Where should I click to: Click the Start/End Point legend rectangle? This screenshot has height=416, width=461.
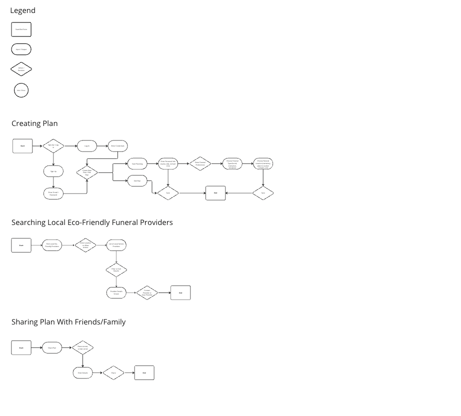click(21, 29)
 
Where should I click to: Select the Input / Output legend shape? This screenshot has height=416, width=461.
click(21, 49)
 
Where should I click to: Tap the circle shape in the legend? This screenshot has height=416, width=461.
click(21, 90)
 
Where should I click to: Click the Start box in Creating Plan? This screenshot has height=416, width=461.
click(22, 146)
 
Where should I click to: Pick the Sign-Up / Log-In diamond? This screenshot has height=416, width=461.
click(53, 146)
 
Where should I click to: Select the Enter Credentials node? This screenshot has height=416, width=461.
click(117, 146)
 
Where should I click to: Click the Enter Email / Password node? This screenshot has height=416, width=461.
click(53, 193)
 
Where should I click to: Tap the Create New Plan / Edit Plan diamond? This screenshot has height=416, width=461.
click(87, 172)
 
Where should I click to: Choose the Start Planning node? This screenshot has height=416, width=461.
click(137, 163)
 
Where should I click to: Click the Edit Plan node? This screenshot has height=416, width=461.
click(137, 180)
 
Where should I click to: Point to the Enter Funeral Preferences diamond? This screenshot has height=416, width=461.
click(199, 163)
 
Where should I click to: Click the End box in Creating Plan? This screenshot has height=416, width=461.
click(215, 193)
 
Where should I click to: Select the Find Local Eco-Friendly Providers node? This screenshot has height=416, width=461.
click(52, 245)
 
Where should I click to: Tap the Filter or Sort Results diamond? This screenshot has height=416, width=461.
click(116, 270)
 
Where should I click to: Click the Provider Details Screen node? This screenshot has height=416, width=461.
click(116, 293)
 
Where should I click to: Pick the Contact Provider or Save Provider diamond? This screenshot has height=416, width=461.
click(147, 293)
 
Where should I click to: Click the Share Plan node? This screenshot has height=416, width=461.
click(52, 347)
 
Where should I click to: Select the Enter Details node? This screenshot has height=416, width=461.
click(82, 373)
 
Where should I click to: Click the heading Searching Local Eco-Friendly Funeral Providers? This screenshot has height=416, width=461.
click(92, 222)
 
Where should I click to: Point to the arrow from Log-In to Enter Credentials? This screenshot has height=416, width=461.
click(102, 146)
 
